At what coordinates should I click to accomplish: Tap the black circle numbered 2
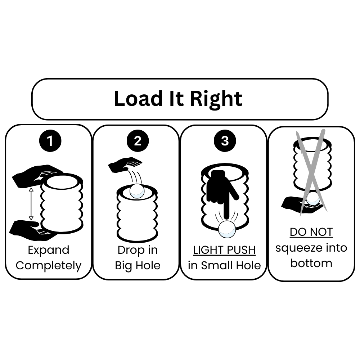click(x=137, y=141)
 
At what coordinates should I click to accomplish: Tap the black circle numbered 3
click(x=225, y=141)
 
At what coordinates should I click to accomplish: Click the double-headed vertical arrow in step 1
click(x=31, y=204)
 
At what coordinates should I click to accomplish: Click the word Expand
click(x=48, y=250)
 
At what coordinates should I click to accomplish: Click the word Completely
click(x=49, y=266)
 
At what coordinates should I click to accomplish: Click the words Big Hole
click(x=138, y=266)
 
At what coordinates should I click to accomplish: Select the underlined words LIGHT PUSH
click(x=224, y=250)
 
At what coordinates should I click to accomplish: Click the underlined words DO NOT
click(x=311, y=232)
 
